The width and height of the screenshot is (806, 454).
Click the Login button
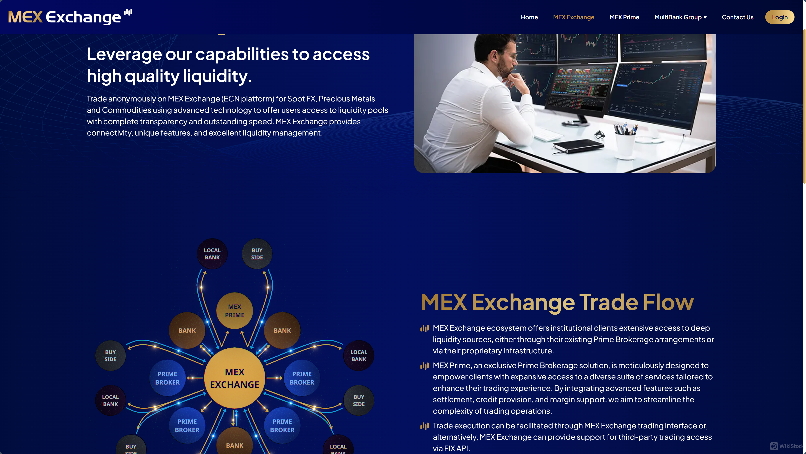779,17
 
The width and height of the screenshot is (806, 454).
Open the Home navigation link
529,17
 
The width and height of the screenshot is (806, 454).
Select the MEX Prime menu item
624,17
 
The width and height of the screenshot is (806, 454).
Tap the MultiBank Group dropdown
680,17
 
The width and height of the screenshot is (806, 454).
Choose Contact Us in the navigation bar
738,17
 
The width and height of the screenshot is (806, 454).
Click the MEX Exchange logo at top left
70,17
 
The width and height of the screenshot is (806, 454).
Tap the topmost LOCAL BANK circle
212,254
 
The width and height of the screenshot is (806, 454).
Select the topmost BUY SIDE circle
257,254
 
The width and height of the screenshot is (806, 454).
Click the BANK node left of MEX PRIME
187,330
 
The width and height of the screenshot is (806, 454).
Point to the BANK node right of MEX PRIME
282,330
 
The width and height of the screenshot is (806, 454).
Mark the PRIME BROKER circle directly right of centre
302,378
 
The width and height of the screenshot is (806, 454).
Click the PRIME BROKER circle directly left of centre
167,378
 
